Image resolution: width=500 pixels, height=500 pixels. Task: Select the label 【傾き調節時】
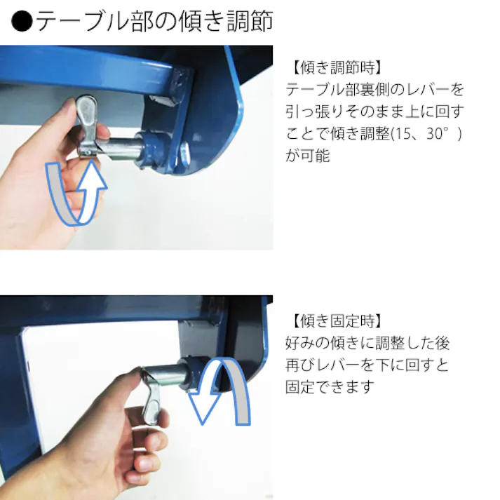(x=335, y=69)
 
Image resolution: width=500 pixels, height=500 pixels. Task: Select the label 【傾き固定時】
(x=335, y=321)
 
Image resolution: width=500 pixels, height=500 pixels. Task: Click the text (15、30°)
(x=430, y=133)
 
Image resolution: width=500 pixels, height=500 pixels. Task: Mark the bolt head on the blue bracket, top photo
(x=184, y=149)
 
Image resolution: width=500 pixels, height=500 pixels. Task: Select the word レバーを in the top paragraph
(x=438, y=90)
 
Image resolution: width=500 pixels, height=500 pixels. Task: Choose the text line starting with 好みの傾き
(x=367, y=343)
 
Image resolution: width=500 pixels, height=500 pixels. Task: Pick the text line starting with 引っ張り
(x=374, y=112)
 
